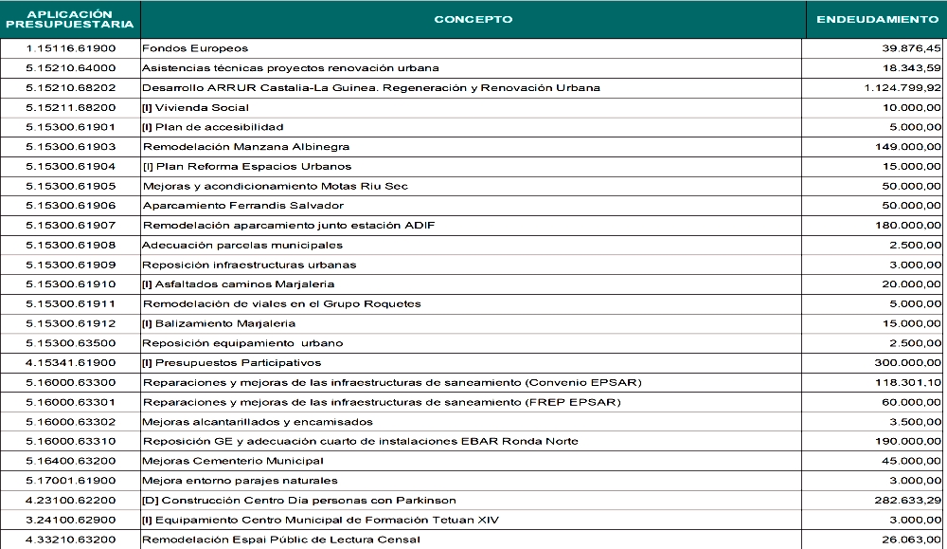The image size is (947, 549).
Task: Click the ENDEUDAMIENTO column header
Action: pyautogui.click(x=876, y=19)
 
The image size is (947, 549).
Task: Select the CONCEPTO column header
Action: pyautogui.click(x=473, y=19)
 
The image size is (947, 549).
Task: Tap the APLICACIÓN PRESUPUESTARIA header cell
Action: pyautogui.click(x=70, y=19)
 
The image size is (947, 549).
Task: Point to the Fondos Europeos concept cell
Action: pyautogui.click(x=182, y=48)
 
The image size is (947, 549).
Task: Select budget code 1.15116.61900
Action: pyautogui.click(x=70, y=48)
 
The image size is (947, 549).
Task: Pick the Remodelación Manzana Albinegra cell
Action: pyautogui.click(x=246, y=147)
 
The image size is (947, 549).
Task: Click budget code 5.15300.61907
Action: pyautogui.click(x=70, y=226)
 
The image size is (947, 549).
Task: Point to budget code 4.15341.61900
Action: pyautogui.click(x=70, y=363)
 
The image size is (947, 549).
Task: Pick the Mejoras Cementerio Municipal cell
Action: pyautogui.click(x=233, y=462)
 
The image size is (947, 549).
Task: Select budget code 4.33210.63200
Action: pyautogui.click(x=70, y=540)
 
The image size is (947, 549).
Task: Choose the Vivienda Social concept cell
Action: pyautogui.click(x=196, y=108)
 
